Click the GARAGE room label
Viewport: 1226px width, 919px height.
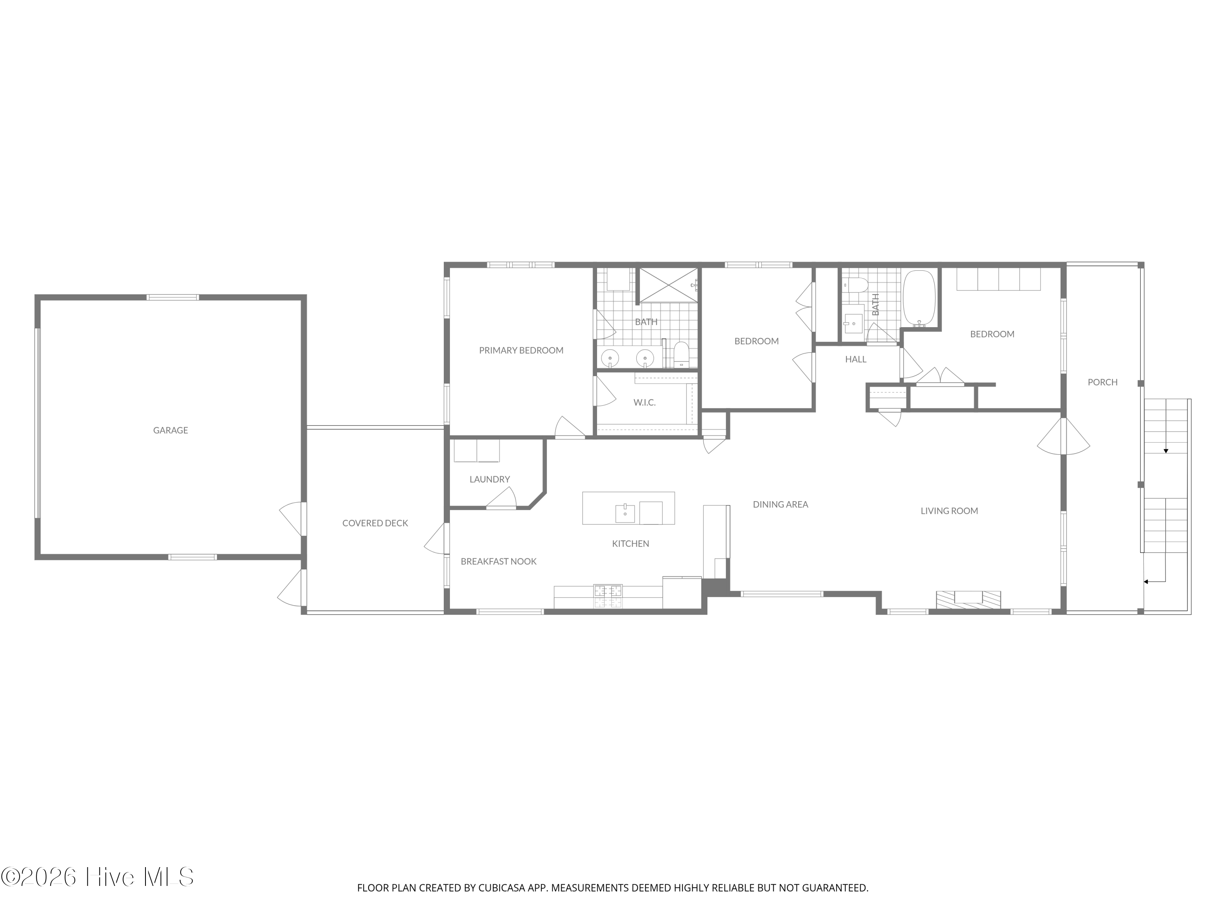point(171,430)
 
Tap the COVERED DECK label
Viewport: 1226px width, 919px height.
point(375,523)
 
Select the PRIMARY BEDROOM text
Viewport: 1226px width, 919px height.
point(521,350)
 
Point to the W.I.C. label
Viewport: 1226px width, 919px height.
point(644,402)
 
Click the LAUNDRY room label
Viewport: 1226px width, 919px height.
point(490,479)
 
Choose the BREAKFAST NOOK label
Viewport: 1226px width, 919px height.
point(499,561)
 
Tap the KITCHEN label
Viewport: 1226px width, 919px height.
point(631,543)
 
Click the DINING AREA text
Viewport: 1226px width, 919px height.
point(781,504)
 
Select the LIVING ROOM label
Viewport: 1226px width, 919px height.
point(949,511)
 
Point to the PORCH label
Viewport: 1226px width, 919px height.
point(1103,381)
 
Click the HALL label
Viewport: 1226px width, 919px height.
point(856,359)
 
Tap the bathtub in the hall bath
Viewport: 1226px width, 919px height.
point(919,299)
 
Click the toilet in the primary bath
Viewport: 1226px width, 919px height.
point(681,355)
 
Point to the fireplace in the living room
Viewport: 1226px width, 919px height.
point(968,600)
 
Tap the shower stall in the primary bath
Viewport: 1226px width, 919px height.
point(669,285)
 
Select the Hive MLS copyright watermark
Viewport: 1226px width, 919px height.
point(98,877)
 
